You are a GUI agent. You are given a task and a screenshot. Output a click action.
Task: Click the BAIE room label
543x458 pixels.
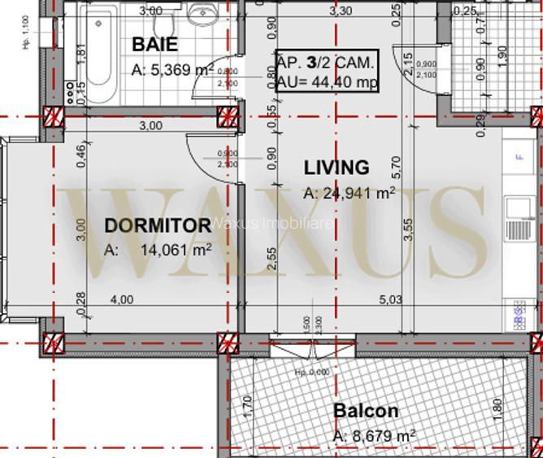154,44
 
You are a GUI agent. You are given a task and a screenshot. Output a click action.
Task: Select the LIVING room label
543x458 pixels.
337,168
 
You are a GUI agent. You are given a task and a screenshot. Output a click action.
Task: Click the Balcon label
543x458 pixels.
366,411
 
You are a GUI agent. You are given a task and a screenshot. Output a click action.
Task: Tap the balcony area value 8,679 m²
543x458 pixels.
374,437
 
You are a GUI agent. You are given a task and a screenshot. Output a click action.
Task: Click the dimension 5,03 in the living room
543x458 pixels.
391,300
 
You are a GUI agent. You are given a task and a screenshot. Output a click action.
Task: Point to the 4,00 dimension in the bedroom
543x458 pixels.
121,300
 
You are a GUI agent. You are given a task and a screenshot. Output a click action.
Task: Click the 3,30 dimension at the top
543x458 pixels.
341,11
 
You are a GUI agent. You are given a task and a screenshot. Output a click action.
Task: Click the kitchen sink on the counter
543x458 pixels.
516,209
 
